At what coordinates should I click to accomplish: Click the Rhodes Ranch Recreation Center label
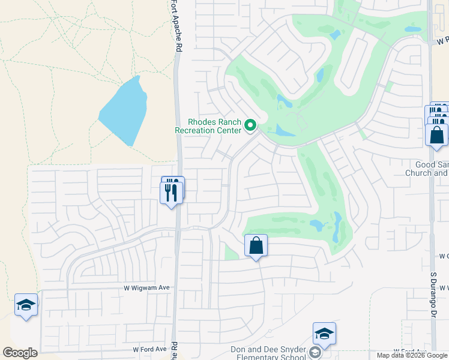[x=208, y=125]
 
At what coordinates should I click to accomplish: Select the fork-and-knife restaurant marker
[x=172, y=191]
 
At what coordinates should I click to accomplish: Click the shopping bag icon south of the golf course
[x=256, y=245]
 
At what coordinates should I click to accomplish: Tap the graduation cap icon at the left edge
[x=26, y=305]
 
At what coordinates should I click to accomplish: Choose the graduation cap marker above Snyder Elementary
[x=324, y=334]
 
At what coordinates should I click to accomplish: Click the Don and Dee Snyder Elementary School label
[x=268, y=353]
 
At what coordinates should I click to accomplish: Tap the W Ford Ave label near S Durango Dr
[x=410, y=351]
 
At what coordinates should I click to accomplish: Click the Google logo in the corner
[x=20, y=353]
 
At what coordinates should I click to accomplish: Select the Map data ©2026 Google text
[x=412, y=356]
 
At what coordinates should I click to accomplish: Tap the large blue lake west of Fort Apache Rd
[x=124, y=112]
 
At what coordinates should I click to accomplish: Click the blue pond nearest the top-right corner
[x=412, y=29]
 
